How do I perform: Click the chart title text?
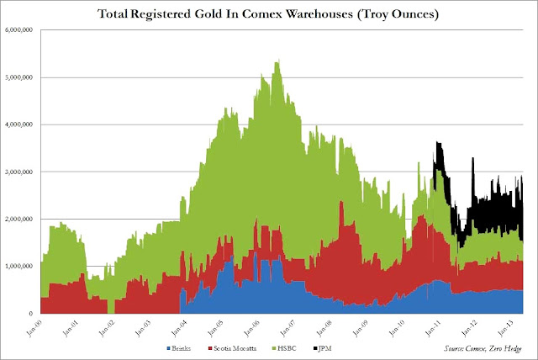click(x=269, y=14)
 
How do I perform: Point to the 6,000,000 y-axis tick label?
click(x=18, y=31)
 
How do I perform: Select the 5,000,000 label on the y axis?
click(x=18, y=78)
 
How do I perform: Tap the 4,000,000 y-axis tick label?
click(x=18, y=125)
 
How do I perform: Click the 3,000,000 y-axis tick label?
click(x=18, y=172)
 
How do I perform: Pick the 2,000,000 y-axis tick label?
click(x=18, y=220)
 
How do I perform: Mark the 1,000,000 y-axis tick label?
click(x=18, y=267)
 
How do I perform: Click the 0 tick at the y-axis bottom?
click(x=31, y=314)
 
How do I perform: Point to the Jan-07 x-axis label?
click(x=287, y=328)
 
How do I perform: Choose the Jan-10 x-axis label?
click(x=395, y=328)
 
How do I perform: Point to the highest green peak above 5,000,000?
click(x=277, y=61)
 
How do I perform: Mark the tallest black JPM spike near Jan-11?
click(x=437, y=144)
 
